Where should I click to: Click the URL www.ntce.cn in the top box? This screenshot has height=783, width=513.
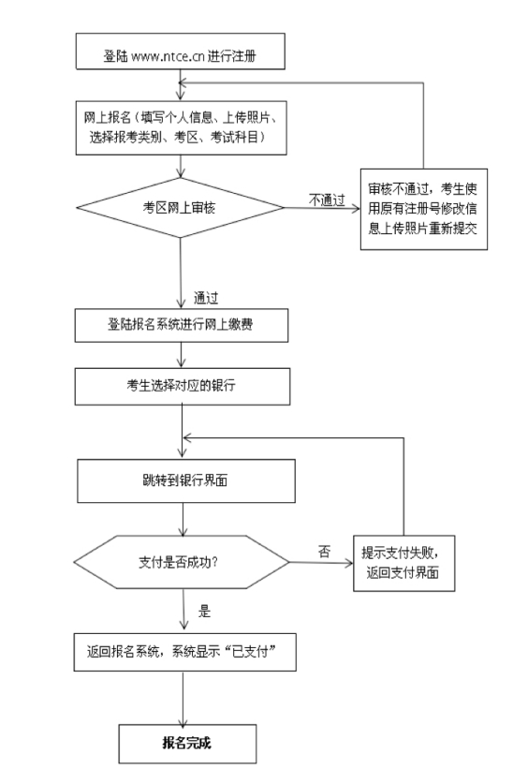tap(169, 56)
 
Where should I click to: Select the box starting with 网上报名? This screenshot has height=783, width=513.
tap(182, 127)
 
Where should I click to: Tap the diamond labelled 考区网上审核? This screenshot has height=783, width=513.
tap(180, 208)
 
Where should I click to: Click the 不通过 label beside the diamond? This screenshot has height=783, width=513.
tap(327, 199)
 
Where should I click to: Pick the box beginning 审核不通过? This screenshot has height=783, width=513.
tap(424, 209)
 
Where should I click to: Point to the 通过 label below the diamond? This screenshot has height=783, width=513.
tap(206, 298)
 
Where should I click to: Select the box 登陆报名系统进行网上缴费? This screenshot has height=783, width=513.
tap(182, 325)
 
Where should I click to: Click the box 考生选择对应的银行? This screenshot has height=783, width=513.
tap(183, 387)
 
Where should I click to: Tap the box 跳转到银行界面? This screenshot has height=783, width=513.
tap(186, 480)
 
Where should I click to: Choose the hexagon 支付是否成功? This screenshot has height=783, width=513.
tap(182, 562)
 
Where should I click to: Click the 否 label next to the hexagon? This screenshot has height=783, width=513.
tap(324, 552)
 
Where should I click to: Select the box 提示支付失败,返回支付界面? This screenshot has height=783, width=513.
tap(404, 563)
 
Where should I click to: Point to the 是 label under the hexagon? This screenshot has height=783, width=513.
tap(205, 612)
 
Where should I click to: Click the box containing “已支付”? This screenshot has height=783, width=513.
tap(185, 652)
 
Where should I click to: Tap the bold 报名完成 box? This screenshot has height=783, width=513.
tap(187, 744)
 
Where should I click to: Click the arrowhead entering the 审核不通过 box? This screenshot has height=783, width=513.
tap(356, 208)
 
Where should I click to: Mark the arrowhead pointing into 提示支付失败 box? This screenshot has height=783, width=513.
tap(349, 563)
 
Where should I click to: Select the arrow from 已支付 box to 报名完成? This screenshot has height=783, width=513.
tap(183, 698)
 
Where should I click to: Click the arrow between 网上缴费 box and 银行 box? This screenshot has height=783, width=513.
tap(182, 355)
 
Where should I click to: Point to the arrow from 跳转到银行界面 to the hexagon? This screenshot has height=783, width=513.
tap(183, 519)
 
